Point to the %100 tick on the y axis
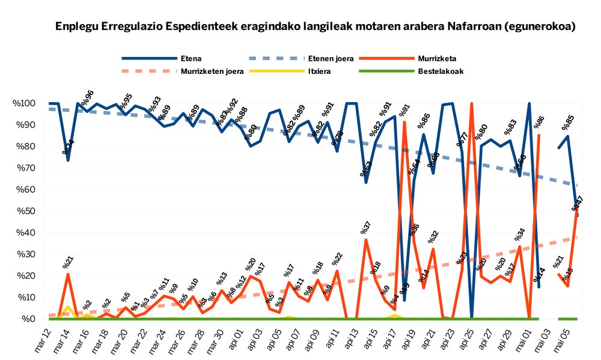pos(25,103)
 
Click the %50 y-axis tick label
pos(28,212)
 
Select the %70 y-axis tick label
pos(28,168)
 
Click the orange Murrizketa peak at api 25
pos(472,104)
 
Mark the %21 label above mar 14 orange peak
pos(68,262)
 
